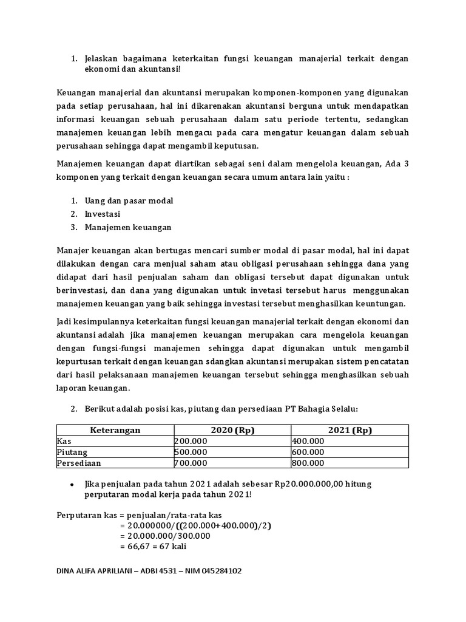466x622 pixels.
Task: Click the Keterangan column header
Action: (115, 430)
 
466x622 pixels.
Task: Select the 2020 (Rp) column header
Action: (232, 430)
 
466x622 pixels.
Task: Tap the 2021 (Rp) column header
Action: (349, 430)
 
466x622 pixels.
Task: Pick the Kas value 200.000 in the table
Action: (191, 441)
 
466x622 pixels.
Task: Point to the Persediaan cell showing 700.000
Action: (191, 463)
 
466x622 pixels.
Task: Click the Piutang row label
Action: (72, 452)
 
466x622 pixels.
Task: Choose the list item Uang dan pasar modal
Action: (128, 200)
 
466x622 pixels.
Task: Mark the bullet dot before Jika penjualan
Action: (72, 484)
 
